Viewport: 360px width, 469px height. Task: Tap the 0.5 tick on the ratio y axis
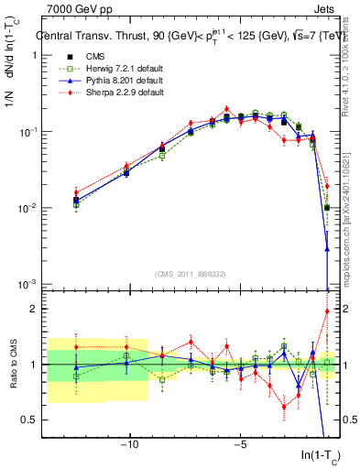pyautogui.click(x=31, y=420)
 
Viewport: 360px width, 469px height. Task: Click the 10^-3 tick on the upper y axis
pyautogui.click(x=27, y=284)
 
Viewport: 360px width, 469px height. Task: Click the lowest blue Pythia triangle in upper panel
pyautogui.click(x=327, y=248)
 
